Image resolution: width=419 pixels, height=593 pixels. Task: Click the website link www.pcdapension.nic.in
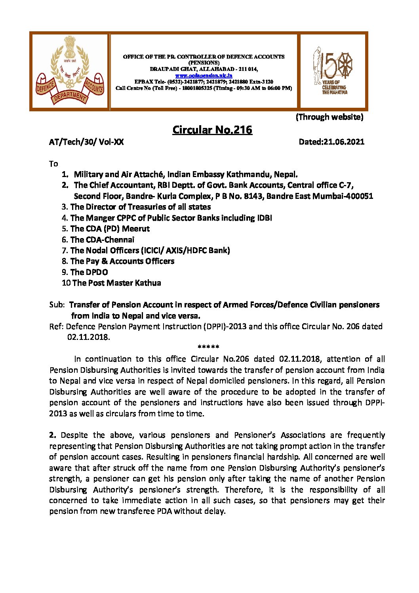point(204,75)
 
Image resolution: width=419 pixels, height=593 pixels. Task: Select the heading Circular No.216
point(212,130)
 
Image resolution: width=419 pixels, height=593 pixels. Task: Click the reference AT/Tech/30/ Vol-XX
point(86,142)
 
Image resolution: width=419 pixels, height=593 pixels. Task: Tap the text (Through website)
point(329,117)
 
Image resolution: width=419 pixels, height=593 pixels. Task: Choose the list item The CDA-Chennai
point(102,240)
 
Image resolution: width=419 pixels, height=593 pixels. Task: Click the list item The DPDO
point(89,272)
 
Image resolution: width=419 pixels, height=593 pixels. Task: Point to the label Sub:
point(57,305)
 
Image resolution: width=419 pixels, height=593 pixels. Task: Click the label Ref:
point(56,326)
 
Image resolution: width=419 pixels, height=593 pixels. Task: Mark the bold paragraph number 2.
point(53,435)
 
